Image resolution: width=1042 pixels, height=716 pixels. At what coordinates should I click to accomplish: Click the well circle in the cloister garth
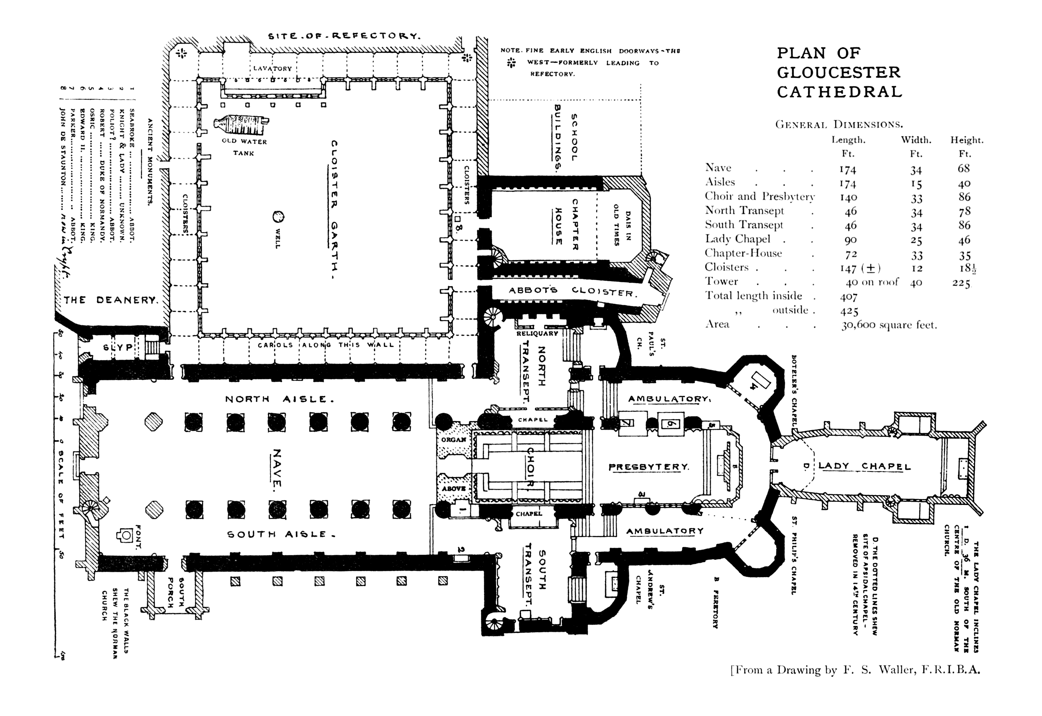pos(278,217)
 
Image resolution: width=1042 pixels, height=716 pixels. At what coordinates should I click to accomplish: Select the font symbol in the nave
pos(126,534)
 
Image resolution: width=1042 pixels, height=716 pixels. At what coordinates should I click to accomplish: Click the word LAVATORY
pos(272,69)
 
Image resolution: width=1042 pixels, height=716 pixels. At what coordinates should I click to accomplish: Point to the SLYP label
pos(118,347)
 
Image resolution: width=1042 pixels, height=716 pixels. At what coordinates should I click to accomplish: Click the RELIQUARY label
pos(537,334)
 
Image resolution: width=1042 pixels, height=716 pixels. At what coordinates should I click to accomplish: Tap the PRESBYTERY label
pos(648,467)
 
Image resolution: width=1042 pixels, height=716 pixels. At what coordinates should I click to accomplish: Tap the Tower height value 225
pos(961,283)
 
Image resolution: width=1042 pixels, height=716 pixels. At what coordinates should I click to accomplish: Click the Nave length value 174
pos(847,170)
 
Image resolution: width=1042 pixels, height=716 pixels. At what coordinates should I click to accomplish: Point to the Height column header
pos(966,140)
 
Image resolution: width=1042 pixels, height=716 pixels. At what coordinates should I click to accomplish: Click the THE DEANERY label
pos(110,300)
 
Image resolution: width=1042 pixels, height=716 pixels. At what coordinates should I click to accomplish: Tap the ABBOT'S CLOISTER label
pos(572,291)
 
